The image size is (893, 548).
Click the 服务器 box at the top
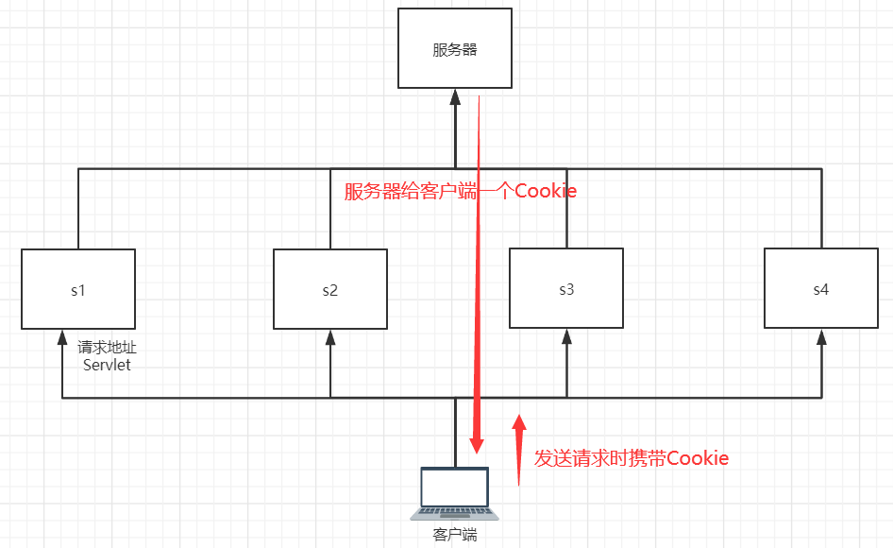pyautogui.click(x=455, y=49)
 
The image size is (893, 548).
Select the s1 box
pyautogui.click(x=78, y=289)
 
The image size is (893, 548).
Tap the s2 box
pyautogui.click(x=329, y=289)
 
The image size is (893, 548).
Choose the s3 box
pyautogui.click(x=565, y=289)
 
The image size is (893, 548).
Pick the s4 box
pyautogui.click(x=820, y=289)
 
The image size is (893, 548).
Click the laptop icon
pyautogui.click(x=455, y=493)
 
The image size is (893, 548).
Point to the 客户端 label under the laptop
pyautogui.click(x=455, y=535)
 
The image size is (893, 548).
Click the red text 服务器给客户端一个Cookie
pyautogui.click(x=460, y=192)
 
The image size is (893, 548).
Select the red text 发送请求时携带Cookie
pyautogui.click(x=632, y=459)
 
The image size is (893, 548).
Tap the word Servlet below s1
pyautogui.click(x=107, y=365)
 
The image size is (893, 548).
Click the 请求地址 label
pyautogui.click(x=107, y=348)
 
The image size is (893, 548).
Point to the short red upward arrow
pyautogui.click(x=518, y=449)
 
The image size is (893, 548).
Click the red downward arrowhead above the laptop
pyautogui.click(x=478, y=443)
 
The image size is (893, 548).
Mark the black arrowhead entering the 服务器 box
pyautogui.click(x=455, y=95)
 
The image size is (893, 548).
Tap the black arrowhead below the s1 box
pyautogui.click(x=62, y=335)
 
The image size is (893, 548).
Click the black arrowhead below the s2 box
pyautogui.click(x=330, y=335)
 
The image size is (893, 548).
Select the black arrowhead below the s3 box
pyautogui.click(x=565, y=335)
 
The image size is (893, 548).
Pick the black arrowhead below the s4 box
pyautogui.click(x=820, y=335)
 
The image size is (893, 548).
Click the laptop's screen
pyautogui.click(x=455, y=488)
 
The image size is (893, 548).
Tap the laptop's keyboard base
pyautogui.click(x=455, y=514)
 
